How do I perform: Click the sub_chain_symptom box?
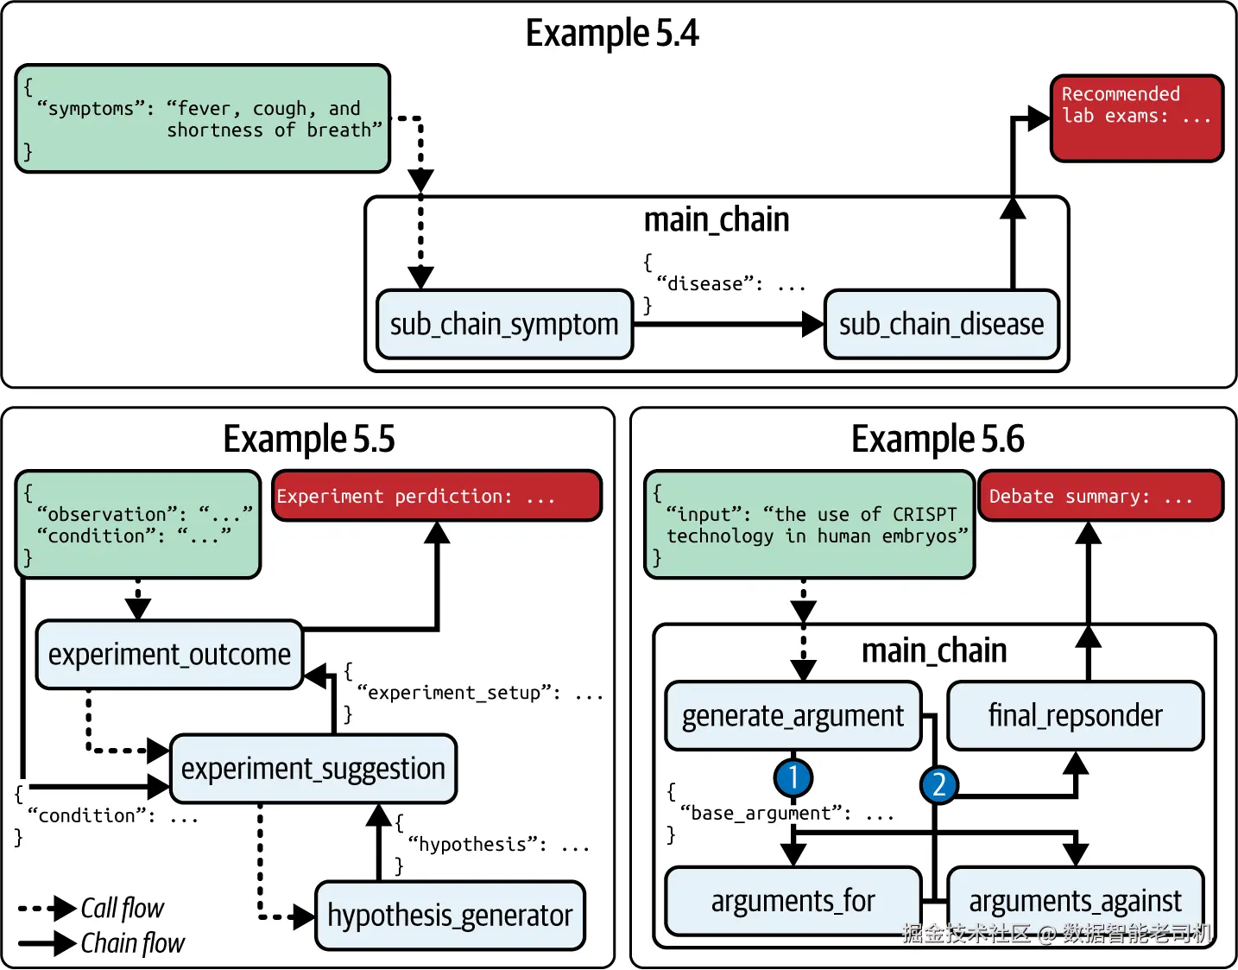504,325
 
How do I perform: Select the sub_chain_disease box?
941,325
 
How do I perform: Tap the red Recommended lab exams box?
1136,118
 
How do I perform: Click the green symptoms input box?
203,118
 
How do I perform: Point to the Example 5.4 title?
611,34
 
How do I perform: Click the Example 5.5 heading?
308,439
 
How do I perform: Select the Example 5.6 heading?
937,439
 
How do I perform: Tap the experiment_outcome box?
169,655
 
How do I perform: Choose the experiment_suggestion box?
313,769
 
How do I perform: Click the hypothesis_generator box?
450,916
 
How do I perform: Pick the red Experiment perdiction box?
437,496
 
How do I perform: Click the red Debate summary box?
1101,496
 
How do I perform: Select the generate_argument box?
793,716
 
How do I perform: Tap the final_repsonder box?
1075,716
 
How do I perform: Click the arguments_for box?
793,901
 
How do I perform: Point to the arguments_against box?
1075,901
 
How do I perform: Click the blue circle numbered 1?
793,777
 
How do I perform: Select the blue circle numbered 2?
938,784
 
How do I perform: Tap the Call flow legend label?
122,909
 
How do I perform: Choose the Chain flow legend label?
132,943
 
